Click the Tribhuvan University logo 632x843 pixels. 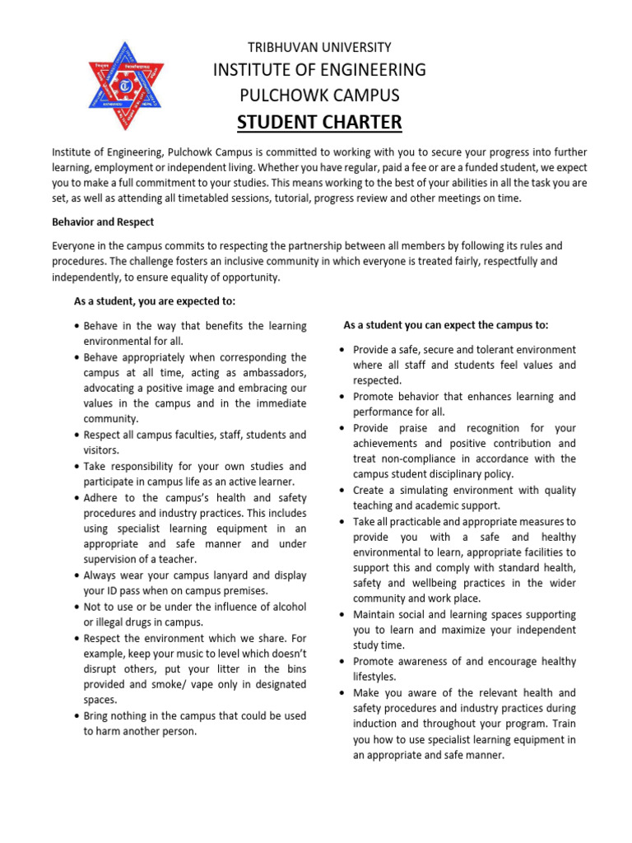coord(126,86)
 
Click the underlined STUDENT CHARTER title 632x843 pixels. coord(319,123)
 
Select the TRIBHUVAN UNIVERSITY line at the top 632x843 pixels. coord(319,47)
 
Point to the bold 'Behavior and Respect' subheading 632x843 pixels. coord(103,222)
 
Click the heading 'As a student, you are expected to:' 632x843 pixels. coord(155,301)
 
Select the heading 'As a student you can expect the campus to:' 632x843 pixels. coord(445,324)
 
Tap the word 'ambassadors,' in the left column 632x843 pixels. coord(271,373)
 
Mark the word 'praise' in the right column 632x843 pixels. coord(415,428)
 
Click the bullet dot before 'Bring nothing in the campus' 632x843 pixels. coord(76,715)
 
